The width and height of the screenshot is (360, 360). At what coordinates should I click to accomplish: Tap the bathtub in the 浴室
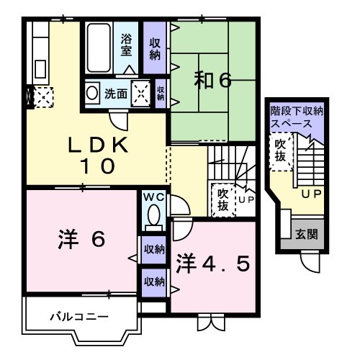pos(99,48)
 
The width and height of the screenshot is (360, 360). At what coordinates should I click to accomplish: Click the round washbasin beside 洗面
pos(92,93)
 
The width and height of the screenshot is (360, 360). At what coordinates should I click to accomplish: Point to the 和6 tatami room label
pos(212,81)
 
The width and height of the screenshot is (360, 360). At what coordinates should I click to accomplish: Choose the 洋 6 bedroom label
pos(81,239)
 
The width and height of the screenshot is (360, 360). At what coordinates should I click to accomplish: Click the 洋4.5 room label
pos(212,264)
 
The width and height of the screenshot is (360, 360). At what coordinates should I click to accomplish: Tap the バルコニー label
pos(79,318)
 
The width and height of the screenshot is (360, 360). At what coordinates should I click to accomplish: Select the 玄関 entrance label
pos(307,234)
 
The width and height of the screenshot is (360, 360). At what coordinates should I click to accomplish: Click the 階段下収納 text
pos(297,111)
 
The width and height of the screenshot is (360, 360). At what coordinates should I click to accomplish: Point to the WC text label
pos(154,197)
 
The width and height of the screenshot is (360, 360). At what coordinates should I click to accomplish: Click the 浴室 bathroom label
pos(126,45)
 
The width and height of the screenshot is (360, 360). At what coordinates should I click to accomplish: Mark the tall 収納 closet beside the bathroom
pos(155,48)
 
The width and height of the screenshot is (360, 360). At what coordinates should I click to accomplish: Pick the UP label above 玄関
pos(311,194)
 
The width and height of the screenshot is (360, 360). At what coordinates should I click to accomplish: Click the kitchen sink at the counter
pos(40,69)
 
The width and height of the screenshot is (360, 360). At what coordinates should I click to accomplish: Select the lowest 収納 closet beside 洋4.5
pos(154,283)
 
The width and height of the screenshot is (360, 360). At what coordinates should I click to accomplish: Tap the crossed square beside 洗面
pos(140,94)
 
